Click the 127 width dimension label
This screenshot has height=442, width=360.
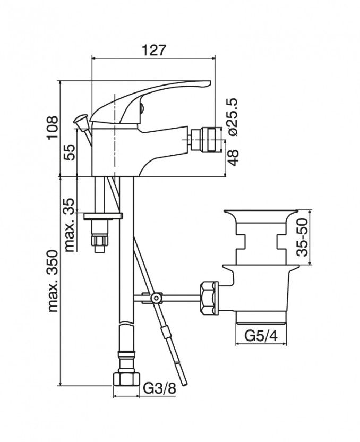(153, 50)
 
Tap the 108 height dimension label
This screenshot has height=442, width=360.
(53, 127)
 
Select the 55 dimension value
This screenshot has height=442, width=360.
(70, 152)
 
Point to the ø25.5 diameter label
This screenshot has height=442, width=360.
(233, 117)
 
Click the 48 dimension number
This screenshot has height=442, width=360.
(233, 158)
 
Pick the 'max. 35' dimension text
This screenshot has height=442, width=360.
(69, 225)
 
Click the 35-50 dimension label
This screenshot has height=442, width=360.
(302, 237)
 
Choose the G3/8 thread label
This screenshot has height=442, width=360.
(160, 389)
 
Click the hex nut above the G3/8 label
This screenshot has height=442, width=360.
(126, 379)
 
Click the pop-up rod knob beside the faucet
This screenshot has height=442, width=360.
(81, 119)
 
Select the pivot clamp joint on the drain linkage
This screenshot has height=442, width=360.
(156, 297)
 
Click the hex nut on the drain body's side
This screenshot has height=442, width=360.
(209, 297)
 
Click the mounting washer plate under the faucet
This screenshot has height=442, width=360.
(104, 216)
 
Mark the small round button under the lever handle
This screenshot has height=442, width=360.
(142, 108)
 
